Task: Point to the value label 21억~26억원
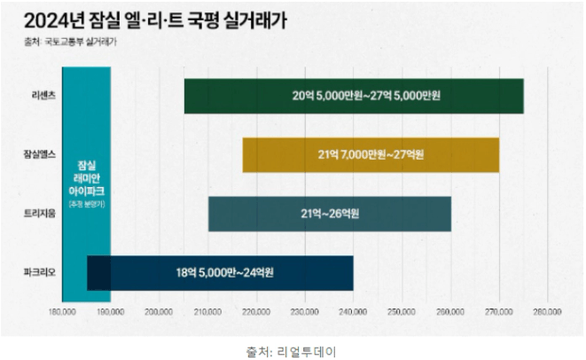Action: pos(330,214)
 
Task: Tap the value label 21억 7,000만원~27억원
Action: pos(371,155)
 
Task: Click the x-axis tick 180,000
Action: pos(62,312)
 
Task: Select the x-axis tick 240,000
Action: pos(353,312)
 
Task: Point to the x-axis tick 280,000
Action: pos(547,312)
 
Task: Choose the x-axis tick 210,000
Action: pos(207,312)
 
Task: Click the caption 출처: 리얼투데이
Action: pos(292,350)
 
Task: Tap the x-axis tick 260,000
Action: pos(450,312)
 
